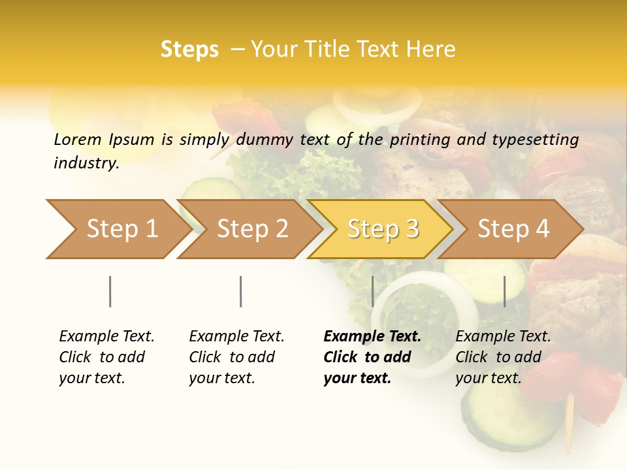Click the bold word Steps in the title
point(189,50)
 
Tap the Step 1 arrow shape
point(118,228)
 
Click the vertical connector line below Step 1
point(110,291)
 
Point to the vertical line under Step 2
point(241,291)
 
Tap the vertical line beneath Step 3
point(372,291)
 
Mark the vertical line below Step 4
point(504,291)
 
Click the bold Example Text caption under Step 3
point(372,357)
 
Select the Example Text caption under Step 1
point(106,357)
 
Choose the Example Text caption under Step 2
point(236,357)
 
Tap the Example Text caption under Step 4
point(503,357)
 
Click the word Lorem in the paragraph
point(78,139)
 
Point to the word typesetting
point(535,140)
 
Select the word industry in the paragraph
point(86,163)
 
